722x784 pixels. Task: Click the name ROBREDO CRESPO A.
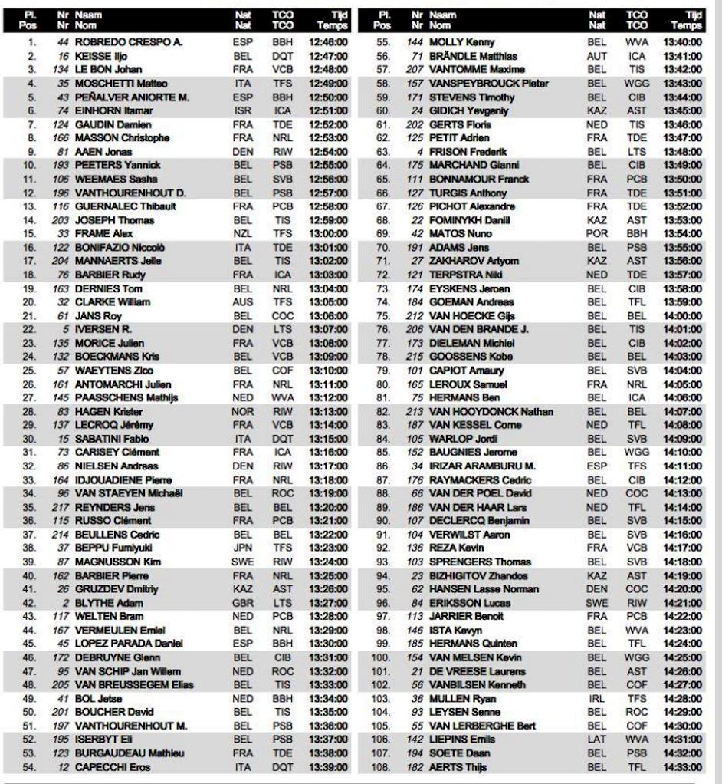coord(128,43)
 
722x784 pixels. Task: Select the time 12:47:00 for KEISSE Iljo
coord(328,57)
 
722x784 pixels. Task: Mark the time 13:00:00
coord(328,234)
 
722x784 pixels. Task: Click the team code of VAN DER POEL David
coord(637,493)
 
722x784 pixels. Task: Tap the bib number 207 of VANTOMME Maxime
coord(415,70)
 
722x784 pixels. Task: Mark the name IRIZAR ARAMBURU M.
coord(482,466)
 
